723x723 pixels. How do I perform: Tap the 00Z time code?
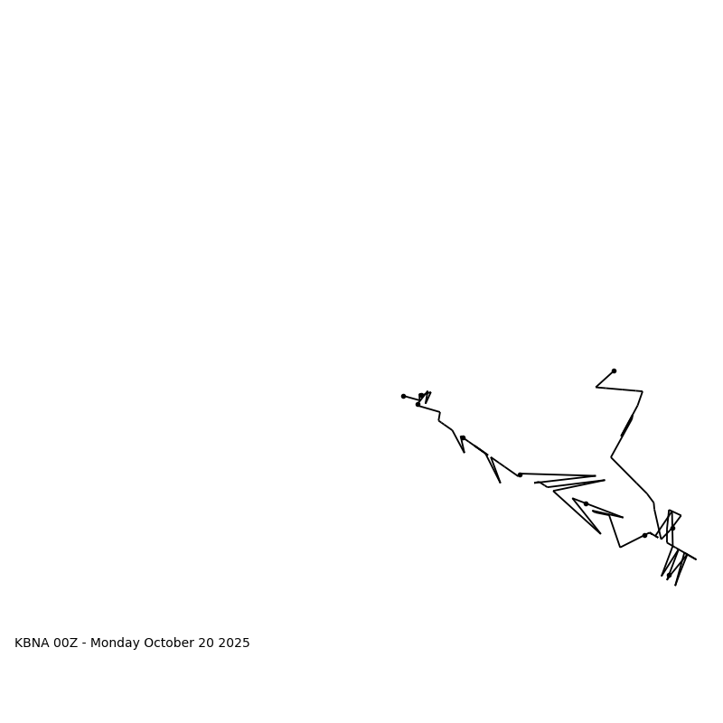(x=66, y=643)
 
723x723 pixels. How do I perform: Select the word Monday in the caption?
(x=115, y=643)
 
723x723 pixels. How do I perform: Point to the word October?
(x=169, y=643)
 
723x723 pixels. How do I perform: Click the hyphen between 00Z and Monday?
(x=84, y=643)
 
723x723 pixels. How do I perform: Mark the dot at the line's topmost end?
(x=614, y=371)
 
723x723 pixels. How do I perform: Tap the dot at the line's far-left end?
(x=403, y=396)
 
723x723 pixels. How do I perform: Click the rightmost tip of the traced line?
(x=696, y=559)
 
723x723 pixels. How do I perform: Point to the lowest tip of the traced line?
(x=675, y=585)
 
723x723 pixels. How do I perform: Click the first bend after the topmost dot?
(x=596, y=387)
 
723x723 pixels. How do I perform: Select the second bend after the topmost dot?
(x=643, y=391)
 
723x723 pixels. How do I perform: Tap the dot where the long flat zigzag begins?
(x=520, y=474)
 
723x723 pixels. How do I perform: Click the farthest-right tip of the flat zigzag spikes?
(x=605, y=480)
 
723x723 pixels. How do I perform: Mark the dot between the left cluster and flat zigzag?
(x=463, y=437)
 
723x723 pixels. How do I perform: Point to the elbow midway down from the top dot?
(x=611, y=457)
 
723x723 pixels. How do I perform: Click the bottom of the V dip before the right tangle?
(x=620, y=547)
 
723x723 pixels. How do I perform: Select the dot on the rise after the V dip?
(x=644, y=535)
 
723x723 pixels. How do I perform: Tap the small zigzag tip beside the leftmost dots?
(x=430, y=392)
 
